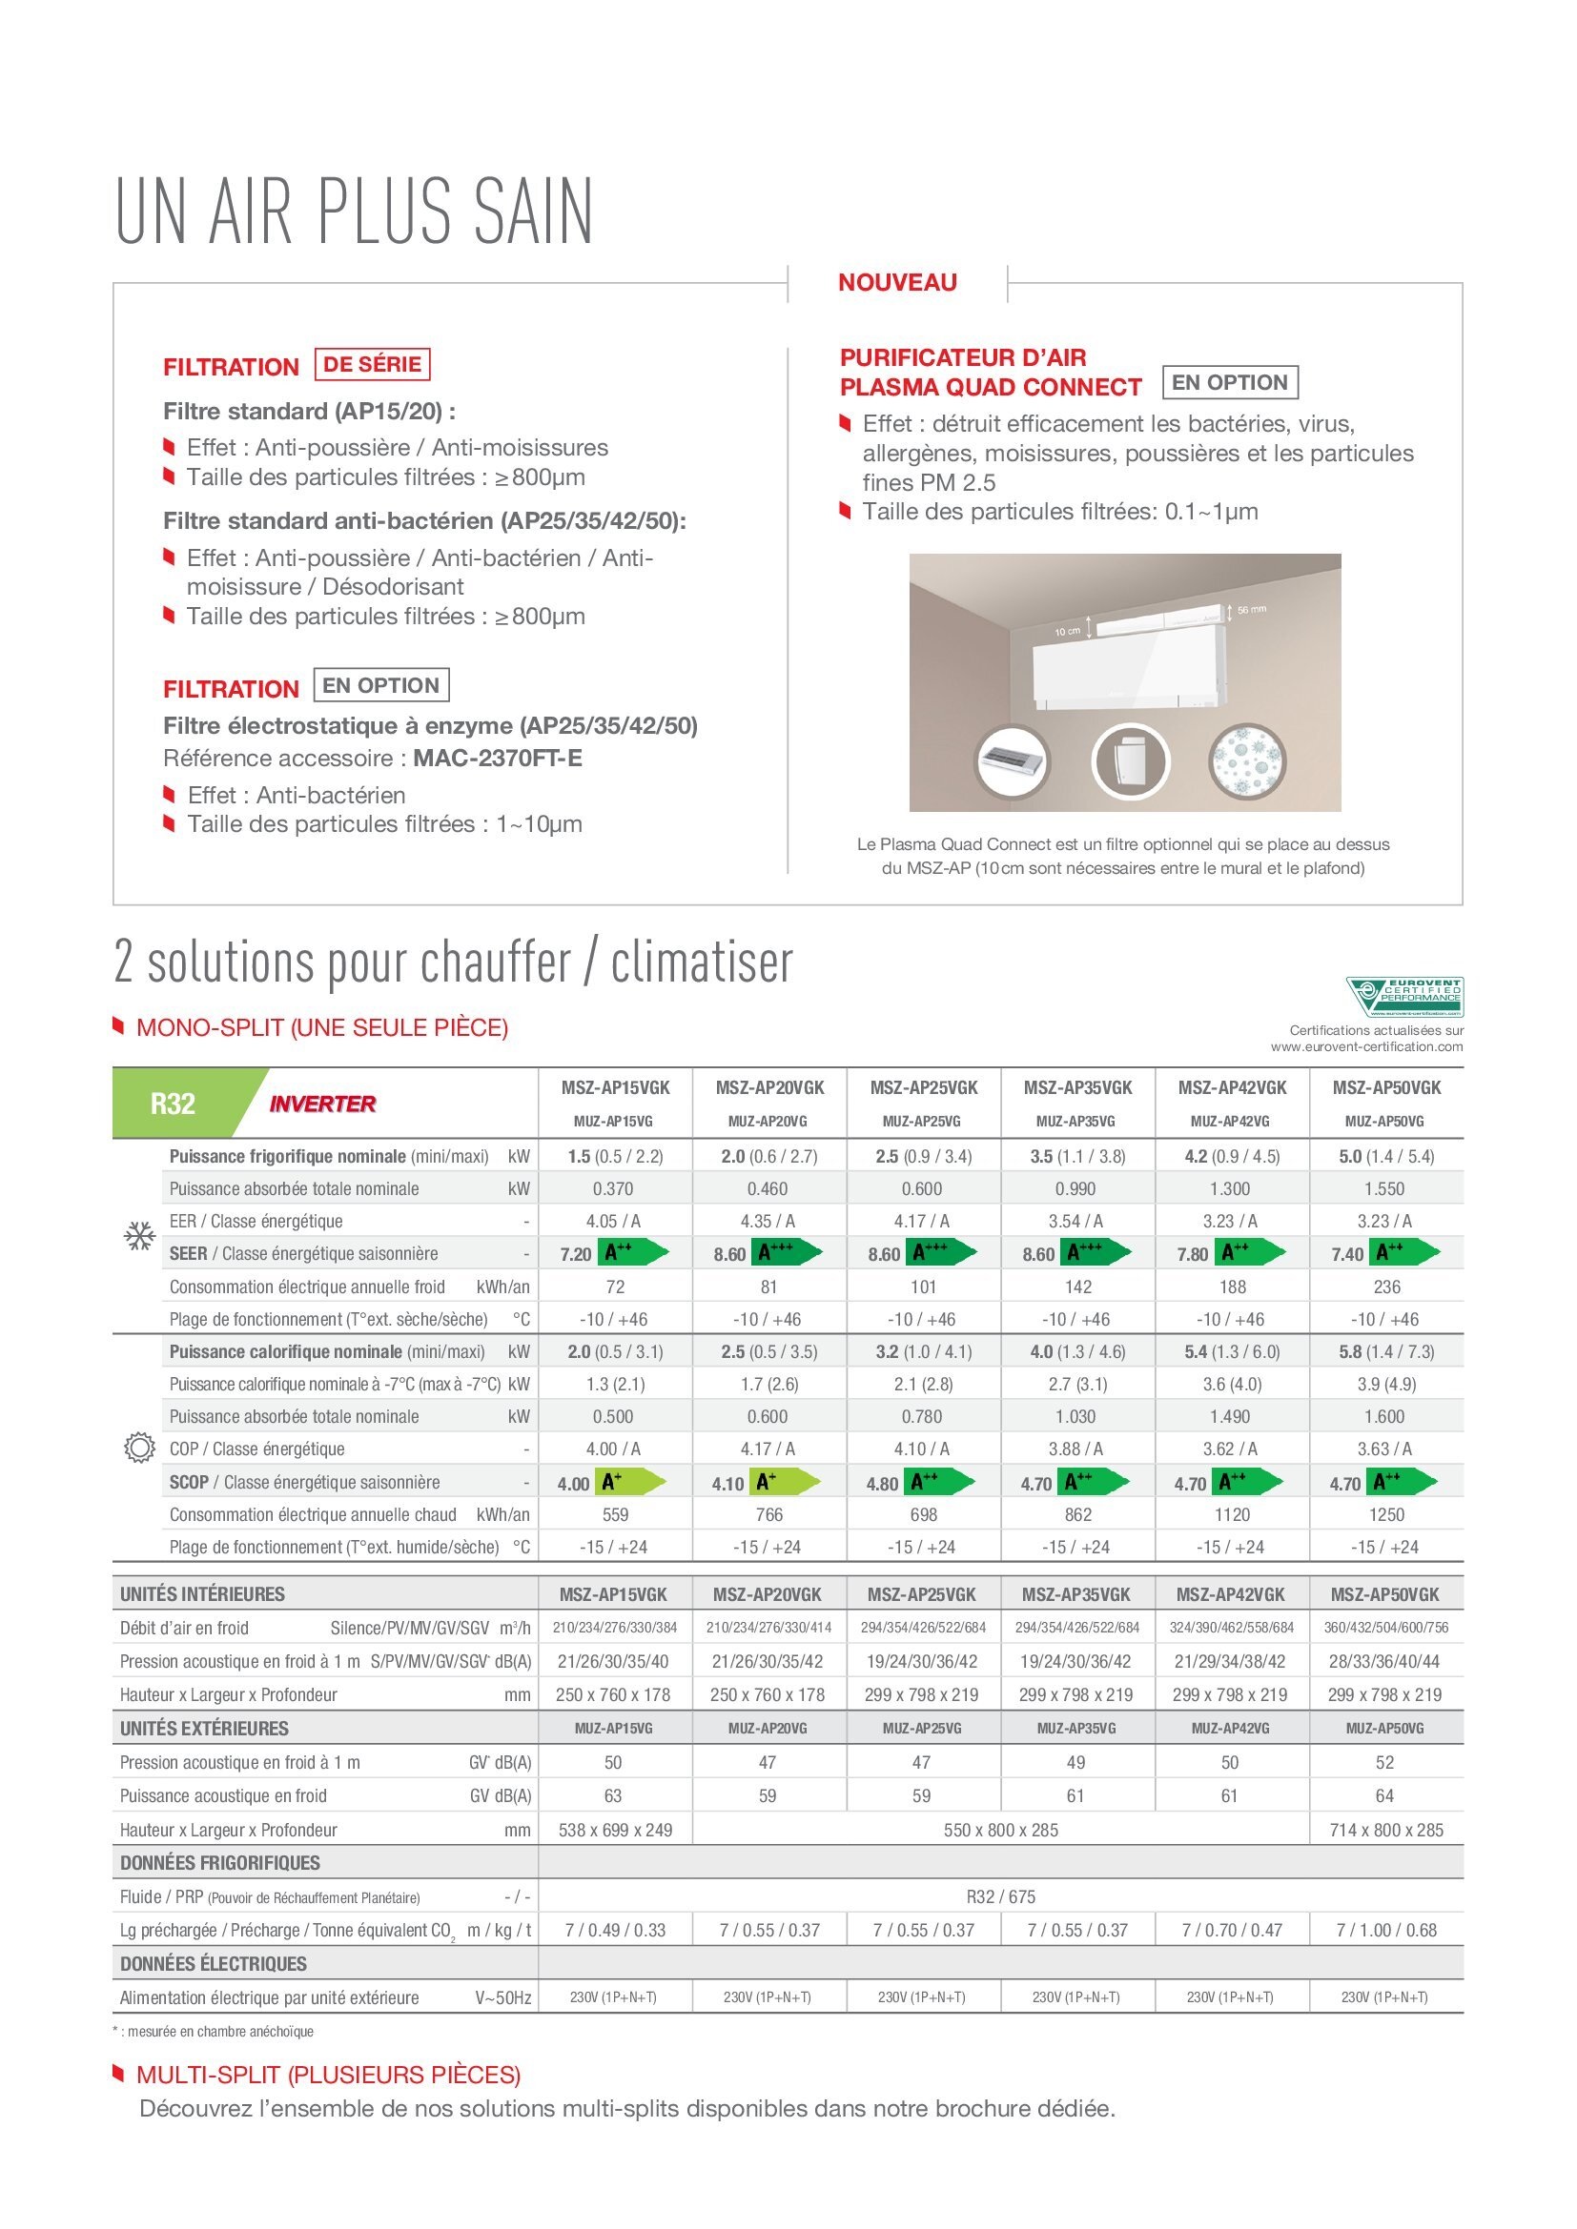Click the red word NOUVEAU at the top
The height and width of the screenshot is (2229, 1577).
click(x=897, y=282)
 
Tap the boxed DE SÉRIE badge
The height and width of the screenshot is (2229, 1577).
click(x=372, y=364)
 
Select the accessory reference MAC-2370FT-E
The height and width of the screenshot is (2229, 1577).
click(x=497, y=759)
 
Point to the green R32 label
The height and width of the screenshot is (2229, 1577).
click(x=173, y=1104)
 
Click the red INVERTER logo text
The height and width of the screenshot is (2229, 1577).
click(x=322, y=1104)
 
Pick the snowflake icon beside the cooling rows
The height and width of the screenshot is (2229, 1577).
click(x=140, y=1237)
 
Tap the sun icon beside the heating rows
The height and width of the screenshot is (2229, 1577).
click(x=140, y=1449)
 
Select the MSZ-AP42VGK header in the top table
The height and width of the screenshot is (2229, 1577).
click(x=1231, y=1087)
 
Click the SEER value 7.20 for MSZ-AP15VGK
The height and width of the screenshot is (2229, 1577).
click(x=576, y=1254)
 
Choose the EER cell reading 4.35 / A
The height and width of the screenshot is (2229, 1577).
click(x=768, y=1222)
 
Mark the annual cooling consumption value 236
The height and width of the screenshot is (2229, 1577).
click(x=1385, y=1287)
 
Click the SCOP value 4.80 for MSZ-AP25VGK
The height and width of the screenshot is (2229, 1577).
click(x=883, y=1484)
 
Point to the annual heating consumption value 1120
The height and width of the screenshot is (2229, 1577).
click(x=1231, y=1514)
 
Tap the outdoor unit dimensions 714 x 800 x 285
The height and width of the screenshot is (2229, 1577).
click(x=1384, y=1830)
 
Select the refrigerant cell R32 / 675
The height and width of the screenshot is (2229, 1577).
click(x=1000, y=1896)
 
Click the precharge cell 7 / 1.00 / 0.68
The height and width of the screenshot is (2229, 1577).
click(x=1385, y=1930)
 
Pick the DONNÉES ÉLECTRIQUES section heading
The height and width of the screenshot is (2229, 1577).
click(x=214, y=1964)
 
